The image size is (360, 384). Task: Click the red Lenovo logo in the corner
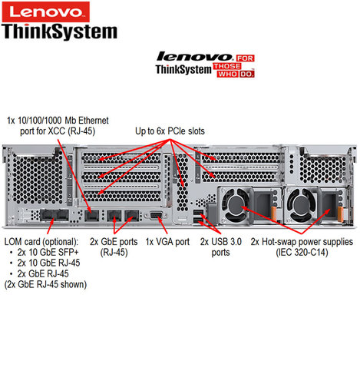tap(46, 12)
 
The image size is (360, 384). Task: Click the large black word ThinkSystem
tap(59, 31)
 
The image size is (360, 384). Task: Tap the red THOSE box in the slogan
tap(227, 66)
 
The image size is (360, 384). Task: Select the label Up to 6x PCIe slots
tap(170, 131)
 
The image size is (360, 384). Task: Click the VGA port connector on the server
tap(157, 215)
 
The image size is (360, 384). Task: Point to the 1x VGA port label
tap(167, 242)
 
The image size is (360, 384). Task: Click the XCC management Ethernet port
tap(92, 216)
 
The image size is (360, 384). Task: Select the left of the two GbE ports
tap(114, 216)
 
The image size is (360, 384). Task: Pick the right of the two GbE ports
tap(131, 216)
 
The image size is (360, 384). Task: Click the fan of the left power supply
tap(236, 205)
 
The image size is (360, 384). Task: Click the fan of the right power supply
tap(302, 205)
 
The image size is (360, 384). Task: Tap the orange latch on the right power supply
tap(340, 214)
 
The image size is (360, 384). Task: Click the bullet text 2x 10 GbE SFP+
tap(48, 253)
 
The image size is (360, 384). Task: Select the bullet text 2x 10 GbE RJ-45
tap(48, 263)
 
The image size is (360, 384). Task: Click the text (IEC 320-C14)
tap(302, 253)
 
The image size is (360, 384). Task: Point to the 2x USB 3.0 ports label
tap(221, 247)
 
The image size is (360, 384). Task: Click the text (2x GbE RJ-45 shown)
tap(45, 284)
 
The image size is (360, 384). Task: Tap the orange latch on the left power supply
tap(274, 214)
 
